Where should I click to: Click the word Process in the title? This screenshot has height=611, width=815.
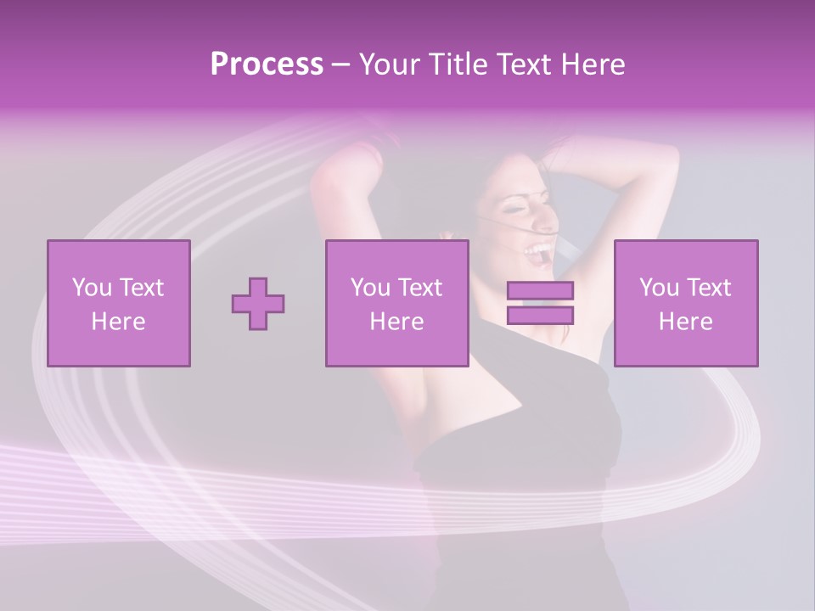click(267, 64)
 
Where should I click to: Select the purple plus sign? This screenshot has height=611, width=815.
click(258, 304)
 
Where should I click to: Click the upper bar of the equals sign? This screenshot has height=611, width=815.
click(540, 291)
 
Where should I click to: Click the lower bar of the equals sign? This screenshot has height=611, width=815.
click(540, 316)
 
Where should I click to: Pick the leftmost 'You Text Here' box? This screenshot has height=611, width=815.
click(119, 303)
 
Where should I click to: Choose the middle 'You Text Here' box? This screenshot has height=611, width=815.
click(396, 303)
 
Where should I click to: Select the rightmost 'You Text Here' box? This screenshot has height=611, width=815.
click(685, 303)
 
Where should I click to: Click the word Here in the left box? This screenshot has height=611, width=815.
click(119, 321)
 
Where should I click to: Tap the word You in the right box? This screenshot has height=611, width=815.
click(658, 288)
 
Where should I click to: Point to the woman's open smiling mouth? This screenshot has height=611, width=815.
click(537, 249)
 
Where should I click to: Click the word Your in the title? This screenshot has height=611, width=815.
click(391, 64)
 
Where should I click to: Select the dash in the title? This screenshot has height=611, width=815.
click(341, 64)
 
